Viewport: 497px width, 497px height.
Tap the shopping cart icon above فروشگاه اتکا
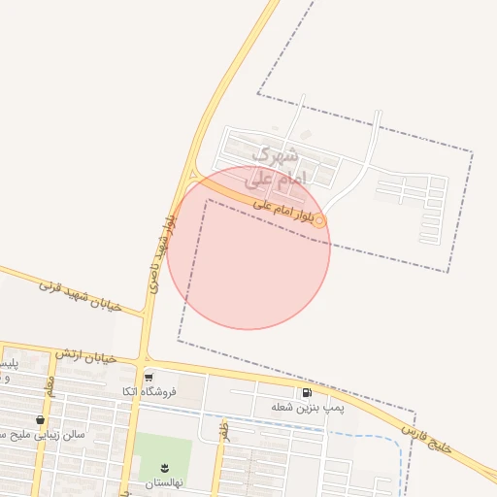coord(149,377)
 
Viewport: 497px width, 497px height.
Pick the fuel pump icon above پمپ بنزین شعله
coord(308,394)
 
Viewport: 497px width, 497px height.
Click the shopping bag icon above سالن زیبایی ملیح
coord(40,420)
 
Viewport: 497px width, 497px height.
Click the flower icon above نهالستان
coord(163,469)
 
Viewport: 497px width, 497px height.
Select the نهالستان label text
coord(163,482)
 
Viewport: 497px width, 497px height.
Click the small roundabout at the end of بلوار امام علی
coord(319,220)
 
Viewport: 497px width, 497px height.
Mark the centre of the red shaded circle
coord(248,248)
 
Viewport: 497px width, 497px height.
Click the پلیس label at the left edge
coord(7,363)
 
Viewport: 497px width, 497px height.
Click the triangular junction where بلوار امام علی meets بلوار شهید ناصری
coord(192,175)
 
